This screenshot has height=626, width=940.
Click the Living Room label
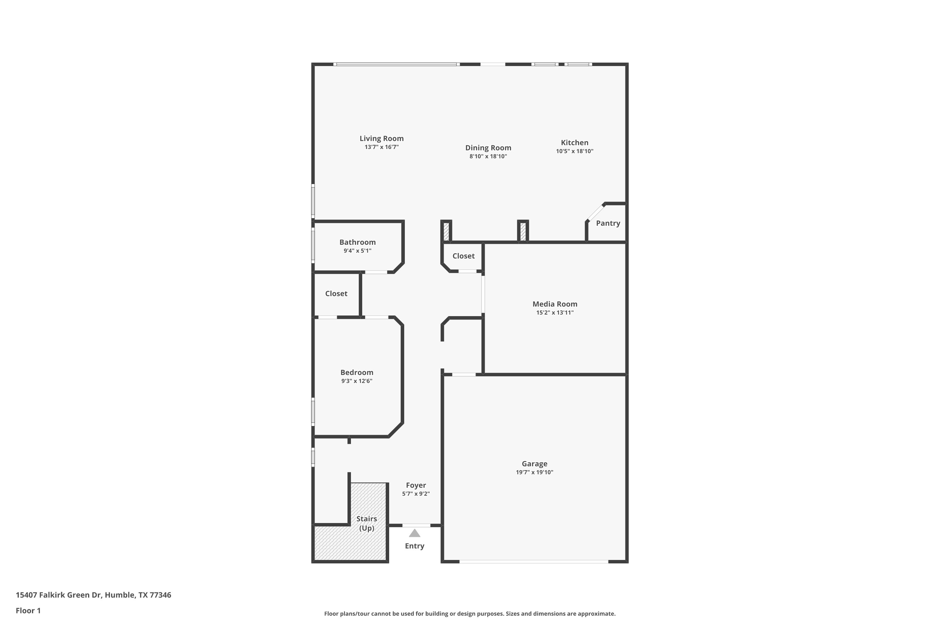pyautogui.click(x=381, y=139)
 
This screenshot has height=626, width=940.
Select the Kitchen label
pyautogui.click(x=574, y=142)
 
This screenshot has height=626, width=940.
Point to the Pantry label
pyautogui.click(x=608, y=223)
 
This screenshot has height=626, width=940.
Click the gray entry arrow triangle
pyautogui.click(x=415, y=533)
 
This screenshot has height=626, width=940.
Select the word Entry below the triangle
pyautogui.click(x=415, y=546)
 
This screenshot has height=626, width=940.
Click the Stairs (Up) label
pyautogui.click(x=367, y=523)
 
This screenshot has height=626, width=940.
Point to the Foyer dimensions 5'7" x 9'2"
pyautogui.click(x=416, y=494)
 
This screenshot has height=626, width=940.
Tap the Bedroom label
pyautogui.click(x=357, y=372)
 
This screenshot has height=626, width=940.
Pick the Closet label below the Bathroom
pyautogui.click(x=336, y=294)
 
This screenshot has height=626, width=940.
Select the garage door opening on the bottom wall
pyautogui.click(x=534, y=562)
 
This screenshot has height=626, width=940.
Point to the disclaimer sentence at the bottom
pyautogui.click(x=470, y=613)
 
